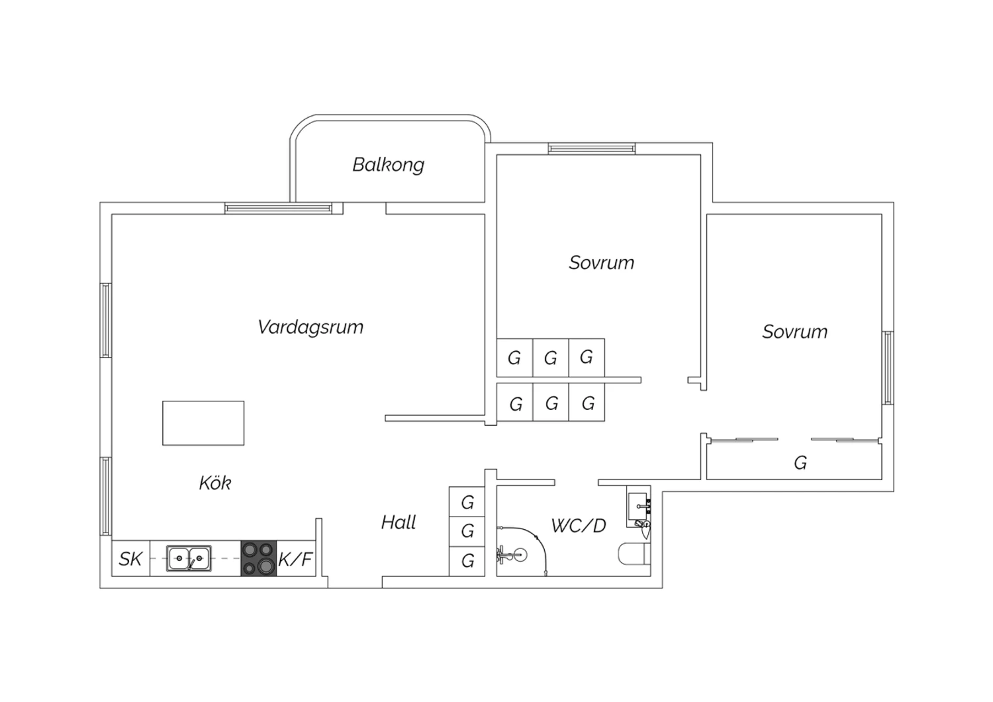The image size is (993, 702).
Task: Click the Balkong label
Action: pyautogui.click(x=389, y=165)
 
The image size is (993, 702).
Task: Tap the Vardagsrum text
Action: pyautogui.click(x=310, y=328)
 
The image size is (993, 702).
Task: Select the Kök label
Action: pyautogui.click(x=215, y=483)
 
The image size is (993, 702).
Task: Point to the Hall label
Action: pyautogui.click(x=399, y=523)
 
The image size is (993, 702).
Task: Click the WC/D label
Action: pyautogui.click(x=579, y=525)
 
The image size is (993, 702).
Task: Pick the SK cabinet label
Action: pyautogui.click(x=130, y=559)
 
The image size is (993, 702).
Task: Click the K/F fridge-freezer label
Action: pyautogui.click(x=296, y=559)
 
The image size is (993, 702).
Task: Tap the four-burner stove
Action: pyautogui.click(x=258, y=558)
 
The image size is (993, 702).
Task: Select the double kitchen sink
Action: pyautogui.click(x=189, y=558)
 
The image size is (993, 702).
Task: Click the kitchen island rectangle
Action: pyautogui.click(x=203, y=423)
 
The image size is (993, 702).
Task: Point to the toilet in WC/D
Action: pyautogui.click(x=634, y=554)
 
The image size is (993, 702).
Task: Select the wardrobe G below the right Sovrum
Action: pyautogui.click(x=794, y=461)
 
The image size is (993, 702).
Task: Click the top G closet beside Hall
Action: pyautogui.click(x=467, y=502)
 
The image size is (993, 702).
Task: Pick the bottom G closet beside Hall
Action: pyautogui.click(x=467, y=562)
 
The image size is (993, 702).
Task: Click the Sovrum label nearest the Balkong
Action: pyautogui.click(x=602, y=263)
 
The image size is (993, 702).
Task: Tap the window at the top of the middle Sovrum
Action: pyautogui.click(x=591, y=148)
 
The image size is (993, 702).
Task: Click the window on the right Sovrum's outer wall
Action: pyautogui.click(x=888, y=368)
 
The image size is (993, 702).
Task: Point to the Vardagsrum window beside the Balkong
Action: pyautogui.click(x=278, y=209)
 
